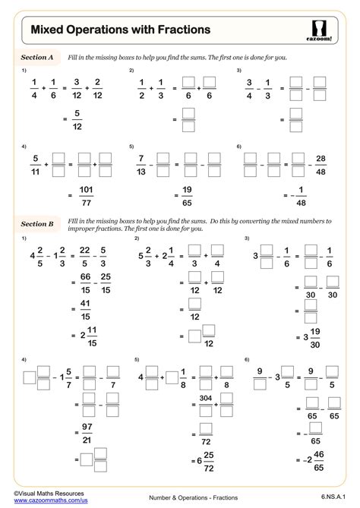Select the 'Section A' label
tap(37, 57)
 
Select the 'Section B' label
tap(37, 224)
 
